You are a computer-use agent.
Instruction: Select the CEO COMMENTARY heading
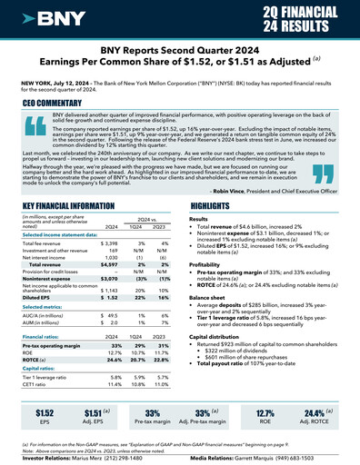click(55, 104)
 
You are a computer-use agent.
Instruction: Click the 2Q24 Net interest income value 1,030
click(108, 258)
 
